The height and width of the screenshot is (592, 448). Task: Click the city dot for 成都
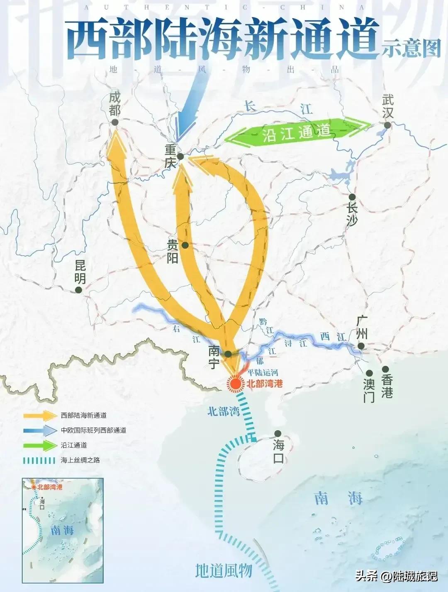coord(115,122)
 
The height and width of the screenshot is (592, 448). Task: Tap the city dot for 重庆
coord(180,157)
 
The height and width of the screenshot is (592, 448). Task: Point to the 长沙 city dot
coord(352,197)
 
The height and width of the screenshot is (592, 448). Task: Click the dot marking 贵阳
coord(185,245)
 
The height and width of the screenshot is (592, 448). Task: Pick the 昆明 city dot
coord(79,290)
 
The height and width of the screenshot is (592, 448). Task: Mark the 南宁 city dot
coord(228,354)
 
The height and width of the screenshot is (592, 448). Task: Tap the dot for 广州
coord(361,346)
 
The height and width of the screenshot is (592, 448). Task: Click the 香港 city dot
coord(385,369)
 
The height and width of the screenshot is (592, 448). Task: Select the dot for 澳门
coord(369,373)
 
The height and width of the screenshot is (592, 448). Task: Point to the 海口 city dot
coord(278,433)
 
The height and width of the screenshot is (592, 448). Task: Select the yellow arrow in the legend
coord(40,416)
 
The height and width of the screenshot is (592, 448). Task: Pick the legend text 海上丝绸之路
coord(80,460)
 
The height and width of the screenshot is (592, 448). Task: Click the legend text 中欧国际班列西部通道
coord(93,430)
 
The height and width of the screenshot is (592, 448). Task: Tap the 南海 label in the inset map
coord(62,530)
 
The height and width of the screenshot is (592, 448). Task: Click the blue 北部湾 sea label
coord(224,411)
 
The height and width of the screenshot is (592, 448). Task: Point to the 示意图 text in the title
coord(411,49)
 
